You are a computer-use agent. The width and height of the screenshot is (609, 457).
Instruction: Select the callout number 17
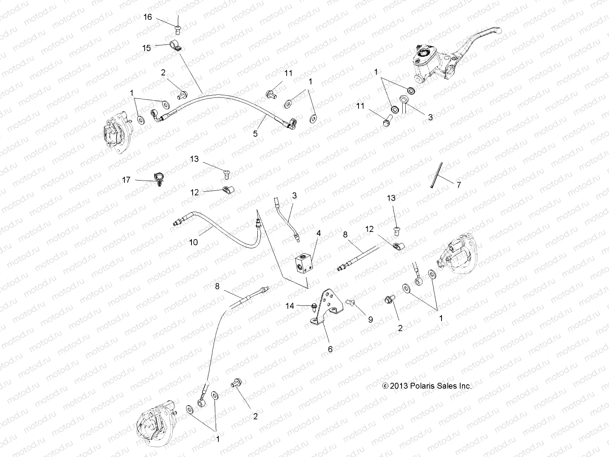click(x=126, y=180)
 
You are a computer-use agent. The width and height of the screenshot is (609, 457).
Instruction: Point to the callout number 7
click(x=459, y=185)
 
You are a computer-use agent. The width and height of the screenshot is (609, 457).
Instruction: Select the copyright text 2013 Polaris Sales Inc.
click(x=427, y=386)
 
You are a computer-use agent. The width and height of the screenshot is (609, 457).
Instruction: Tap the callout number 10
click(x=193, y=242)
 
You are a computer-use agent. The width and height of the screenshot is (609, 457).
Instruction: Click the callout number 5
click(x=255, y=134)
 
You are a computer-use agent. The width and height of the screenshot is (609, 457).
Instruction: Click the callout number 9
click(x=370, y=320)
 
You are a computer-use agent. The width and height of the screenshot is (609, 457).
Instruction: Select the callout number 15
click(x=147, y=48)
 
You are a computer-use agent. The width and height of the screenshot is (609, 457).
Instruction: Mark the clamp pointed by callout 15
click(x=175, y=47)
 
